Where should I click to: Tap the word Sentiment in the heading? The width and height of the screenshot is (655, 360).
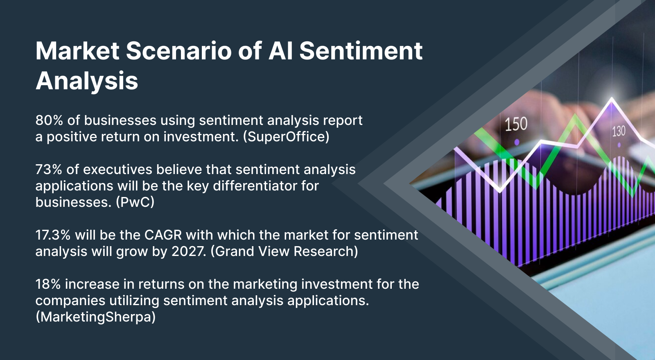(361, 51)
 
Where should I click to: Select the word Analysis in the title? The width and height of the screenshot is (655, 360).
(87, 81)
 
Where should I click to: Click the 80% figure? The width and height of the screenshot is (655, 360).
(49, 120)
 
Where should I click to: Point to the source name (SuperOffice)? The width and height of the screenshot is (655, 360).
(286, 137)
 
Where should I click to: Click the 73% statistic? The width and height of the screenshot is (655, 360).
(48, 170)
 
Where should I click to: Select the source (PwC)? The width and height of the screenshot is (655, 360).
(135, 202)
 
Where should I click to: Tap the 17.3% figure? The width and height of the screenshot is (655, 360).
(53, 235)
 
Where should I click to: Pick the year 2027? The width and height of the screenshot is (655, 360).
(188, 251)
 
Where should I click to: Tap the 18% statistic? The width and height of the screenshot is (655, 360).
(48, 284)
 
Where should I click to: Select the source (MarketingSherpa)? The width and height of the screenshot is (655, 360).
(95, 317)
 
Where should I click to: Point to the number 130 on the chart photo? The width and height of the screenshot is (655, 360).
(619, 131)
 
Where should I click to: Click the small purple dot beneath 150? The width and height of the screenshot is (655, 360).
(517, 142)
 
